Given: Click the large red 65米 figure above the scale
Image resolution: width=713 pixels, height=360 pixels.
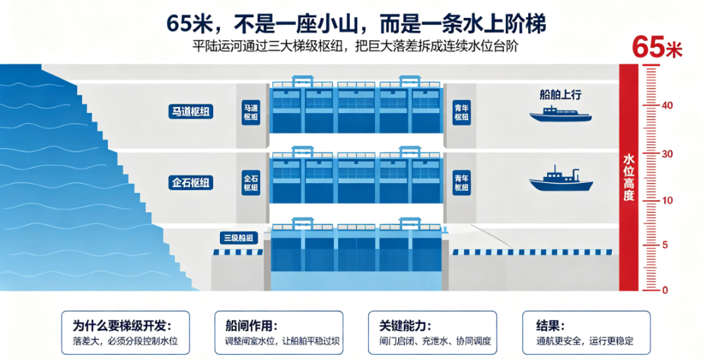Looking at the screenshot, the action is (x=658, y=47).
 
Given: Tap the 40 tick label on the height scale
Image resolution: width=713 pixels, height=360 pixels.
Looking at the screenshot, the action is (x=667, y=105).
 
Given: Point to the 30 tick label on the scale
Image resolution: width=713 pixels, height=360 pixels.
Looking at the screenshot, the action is (x=667, y=154).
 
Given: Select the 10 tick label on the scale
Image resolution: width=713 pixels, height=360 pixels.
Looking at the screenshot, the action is (x=667, y=200).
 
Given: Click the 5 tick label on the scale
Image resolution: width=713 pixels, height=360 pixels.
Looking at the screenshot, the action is (x=665, y=245).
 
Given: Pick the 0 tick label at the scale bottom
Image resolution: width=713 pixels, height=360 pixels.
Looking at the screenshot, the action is (x=665, y=290).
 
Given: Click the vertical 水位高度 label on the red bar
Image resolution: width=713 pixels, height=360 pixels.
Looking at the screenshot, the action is (x=628, y=178).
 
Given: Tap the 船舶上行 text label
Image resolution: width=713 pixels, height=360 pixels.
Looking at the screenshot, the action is (x=560, y=94).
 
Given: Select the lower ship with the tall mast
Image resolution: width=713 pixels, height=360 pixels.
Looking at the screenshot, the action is (x=561, y=179).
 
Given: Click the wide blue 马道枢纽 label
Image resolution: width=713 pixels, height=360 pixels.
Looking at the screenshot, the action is (x=191, y=112).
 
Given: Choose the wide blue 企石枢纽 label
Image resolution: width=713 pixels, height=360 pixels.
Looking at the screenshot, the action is (x=191, y=182).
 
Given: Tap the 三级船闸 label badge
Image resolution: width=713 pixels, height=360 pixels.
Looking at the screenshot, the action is (x=239, y=238).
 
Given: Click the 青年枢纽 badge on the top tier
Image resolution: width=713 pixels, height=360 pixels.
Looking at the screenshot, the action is (x=461, y=112).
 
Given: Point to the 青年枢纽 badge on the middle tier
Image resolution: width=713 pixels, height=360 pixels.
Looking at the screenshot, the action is (x=461, y=182).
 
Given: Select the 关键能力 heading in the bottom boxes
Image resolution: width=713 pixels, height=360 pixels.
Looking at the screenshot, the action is (x=405, y=326).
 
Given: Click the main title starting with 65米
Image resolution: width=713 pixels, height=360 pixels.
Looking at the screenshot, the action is (x=356, y=24).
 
